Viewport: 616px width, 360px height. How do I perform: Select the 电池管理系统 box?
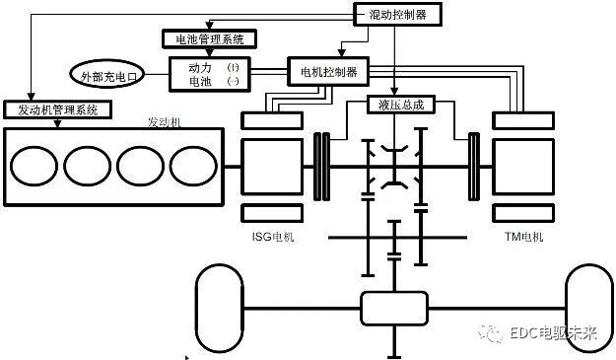click(x=208, y=39)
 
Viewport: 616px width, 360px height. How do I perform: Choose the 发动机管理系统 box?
click(x=51, y=109)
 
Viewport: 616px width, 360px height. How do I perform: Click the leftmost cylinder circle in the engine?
click(x=39, y=164)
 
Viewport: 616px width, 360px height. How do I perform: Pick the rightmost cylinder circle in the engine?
click(x=190, y=164)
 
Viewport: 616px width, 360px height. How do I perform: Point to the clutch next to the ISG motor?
click(x=320, y=164)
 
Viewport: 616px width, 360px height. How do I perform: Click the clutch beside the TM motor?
click(x=474, y=164)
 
